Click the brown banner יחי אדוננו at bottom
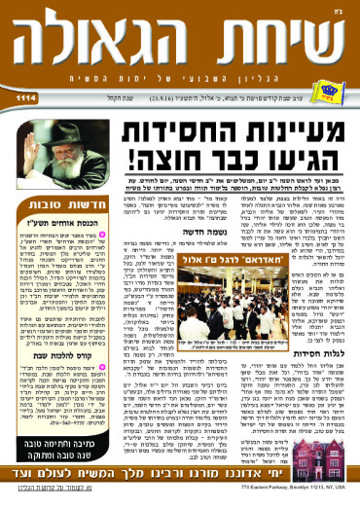pyautogui.click(x=180, y=488)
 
